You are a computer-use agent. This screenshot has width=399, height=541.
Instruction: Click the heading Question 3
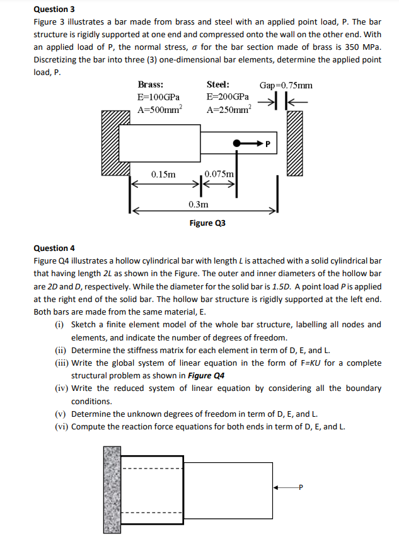54,9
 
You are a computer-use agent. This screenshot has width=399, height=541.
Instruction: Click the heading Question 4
54,248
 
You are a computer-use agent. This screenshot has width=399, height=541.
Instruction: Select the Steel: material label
218,84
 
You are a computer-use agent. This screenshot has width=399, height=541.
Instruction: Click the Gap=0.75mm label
286,85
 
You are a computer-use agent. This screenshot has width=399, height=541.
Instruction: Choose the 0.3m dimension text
198,204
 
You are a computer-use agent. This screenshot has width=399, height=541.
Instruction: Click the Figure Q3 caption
207,223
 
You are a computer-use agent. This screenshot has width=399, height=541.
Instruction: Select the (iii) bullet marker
61,363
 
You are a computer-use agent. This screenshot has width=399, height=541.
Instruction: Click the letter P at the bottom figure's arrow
301,487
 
